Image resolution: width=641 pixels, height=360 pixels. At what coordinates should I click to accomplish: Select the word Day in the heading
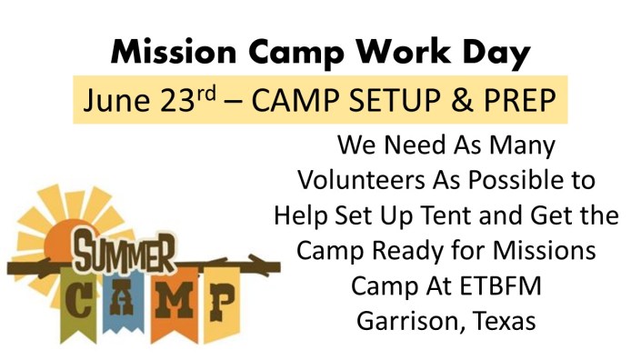pyautogui.click(x=493, y=54)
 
